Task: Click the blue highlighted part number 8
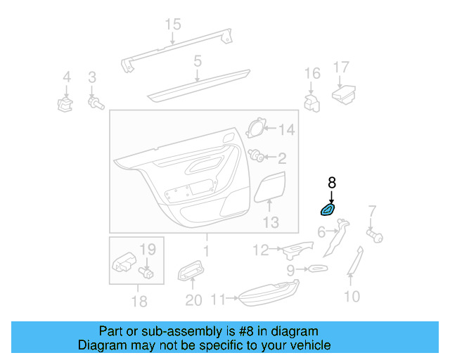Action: coord(328,210)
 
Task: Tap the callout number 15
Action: coord(173,25)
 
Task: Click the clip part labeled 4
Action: coord(65,105)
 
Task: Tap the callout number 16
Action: coord(312,74)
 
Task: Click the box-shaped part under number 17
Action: coord(343,94)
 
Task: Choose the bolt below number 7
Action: coord(374,236)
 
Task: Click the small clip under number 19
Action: coord(148,270)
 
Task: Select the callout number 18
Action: coord(139,302)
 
